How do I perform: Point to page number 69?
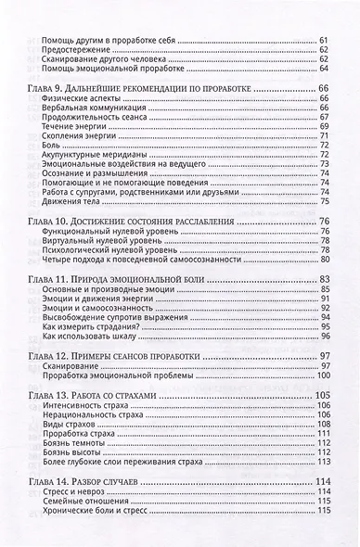[x=325, y=124]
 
